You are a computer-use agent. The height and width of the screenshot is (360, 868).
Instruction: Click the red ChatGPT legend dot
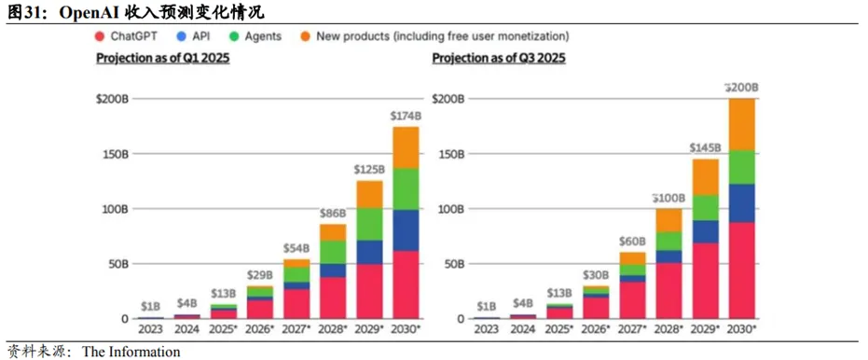[x=100, y=36]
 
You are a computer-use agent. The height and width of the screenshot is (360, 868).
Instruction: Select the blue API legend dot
[x=182, y=36]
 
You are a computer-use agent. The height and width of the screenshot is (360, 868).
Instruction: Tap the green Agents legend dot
[x=234, y=36]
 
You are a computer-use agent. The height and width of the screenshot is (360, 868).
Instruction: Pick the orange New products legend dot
[x=306, y=36]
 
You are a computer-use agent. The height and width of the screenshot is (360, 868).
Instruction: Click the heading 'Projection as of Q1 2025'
[x=163, y=58]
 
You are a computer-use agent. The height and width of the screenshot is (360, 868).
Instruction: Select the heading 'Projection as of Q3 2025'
[x=499, y=58]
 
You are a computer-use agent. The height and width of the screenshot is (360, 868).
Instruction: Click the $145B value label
[x=705, y=148]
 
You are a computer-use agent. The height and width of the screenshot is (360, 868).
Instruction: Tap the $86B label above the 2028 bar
[x=333, y=214]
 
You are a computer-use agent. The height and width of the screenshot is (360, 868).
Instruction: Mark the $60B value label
[x=632, y=242]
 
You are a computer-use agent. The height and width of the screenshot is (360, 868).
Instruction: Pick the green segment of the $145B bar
[x=705, y=208]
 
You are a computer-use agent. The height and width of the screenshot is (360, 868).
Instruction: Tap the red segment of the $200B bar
[x=741, y=270]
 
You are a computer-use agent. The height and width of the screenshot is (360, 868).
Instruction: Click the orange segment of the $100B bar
[x=668, y=220]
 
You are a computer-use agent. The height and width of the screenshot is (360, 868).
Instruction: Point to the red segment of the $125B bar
[x=368, y=291]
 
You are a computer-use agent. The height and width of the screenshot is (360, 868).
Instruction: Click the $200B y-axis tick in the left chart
[x=113, y=99]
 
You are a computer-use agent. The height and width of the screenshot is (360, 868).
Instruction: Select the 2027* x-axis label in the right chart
[x=632, y=329]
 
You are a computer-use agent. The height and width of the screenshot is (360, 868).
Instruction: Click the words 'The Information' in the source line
[x=131, y=351]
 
